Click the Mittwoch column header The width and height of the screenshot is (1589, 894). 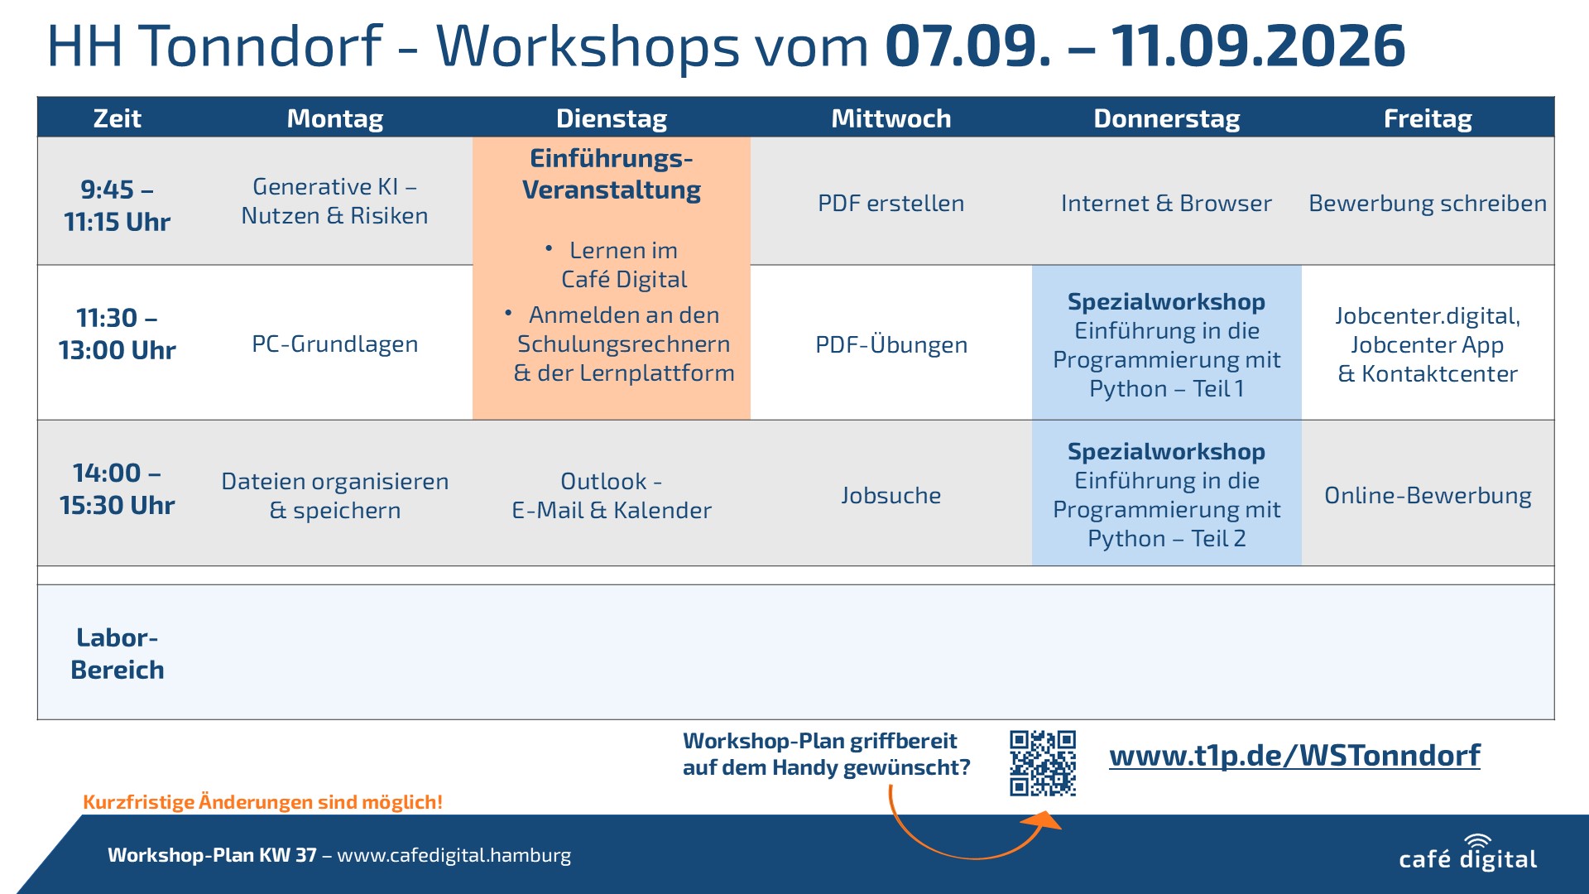[x=891, y=118]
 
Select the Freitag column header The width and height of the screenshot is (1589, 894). [x=1428, y=118]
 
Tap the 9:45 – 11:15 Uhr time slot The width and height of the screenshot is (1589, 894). [x=117, y=205]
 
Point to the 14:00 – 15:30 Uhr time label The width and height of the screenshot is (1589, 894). [x=117, y=488]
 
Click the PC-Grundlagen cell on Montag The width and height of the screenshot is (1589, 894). [x=334, y=344]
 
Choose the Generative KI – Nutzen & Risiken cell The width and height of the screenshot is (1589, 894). [x=334, y=201]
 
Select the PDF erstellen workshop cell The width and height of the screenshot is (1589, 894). [x=891, y=203]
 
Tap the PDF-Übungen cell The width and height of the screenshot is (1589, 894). [x=891, y=344]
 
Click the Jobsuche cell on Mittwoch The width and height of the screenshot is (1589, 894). [x=891, y=495]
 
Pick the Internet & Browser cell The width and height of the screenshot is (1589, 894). [x=1166, y=203]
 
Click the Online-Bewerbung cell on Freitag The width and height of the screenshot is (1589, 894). [x=1428, y=495]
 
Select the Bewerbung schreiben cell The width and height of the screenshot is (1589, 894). [x=1428, y=203]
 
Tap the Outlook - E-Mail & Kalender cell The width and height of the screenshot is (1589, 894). [x=612, y=495]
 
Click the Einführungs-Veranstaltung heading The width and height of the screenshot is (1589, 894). [x=612, y=174]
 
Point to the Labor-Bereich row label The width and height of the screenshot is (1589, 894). [x=117, y=653]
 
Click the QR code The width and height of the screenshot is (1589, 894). [x=1043, y=763]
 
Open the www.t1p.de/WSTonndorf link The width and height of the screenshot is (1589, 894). [x=1294, y=755]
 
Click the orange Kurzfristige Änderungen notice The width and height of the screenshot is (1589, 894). [x=262, y=801]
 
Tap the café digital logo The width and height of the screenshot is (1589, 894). [x=1467, y=853]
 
